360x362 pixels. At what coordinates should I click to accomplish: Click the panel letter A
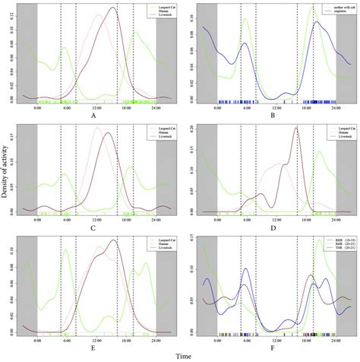(x=92, y=116)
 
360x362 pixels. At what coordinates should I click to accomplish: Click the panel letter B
(x=271, y=116)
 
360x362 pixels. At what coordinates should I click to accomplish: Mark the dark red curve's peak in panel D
(x=295, y=128)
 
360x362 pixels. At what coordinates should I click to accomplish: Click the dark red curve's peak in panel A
(x=112, y=8)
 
